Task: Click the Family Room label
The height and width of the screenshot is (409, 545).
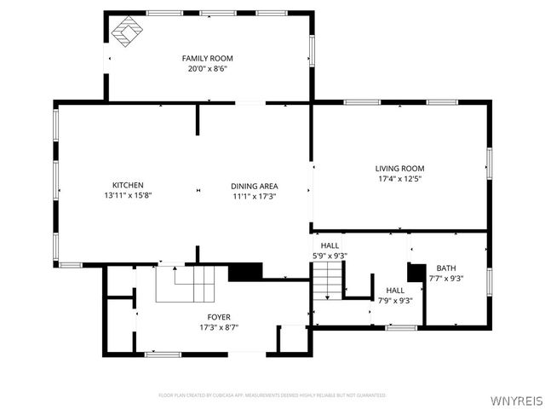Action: coord(207,58)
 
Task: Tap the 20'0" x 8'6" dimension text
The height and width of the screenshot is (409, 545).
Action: coord(207,68)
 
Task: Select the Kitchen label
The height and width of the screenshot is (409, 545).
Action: coord(128,185)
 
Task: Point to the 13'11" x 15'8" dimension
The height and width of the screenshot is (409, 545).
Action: coord(128,195)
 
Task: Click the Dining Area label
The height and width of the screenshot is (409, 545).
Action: coord(254,186)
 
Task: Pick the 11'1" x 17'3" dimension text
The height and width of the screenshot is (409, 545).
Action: coord(254,196)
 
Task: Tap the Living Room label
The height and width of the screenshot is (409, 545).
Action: coord(400,169)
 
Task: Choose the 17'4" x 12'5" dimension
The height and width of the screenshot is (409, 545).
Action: coord(400,179)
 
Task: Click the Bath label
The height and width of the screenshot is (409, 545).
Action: coord(446,268)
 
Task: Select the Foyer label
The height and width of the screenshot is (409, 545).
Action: coord(219,317)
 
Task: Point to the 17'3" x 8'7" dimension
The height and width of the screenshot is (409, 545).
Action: coord(219,327)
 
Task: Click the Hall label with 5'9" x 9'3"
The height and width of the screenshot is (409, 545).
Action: coord(330,245)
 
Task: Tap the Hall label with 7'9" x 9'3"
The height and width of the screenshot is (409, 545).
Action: coord(395,291)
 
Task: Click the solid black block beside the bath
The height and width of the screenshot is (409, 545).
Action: coord(416,272)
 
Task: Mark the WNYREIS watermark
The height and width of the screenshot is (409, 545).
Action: coord(516,398)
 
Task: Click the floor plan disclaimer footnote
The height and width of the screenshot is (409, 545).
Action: coord(272,395)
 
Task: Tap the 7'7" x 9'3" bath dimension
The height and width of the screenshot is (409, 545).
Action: coord(446,278)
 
